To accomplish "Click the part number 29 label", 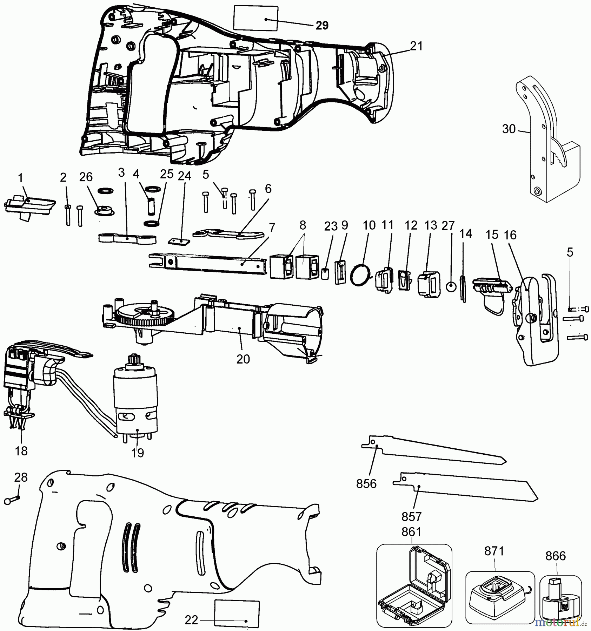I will coord(322,25).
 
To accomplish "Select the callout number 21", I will coord(416,46).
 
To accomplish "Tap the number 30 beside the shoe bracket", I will coord(509,129).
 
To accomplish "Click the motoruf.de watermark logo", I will coord(561,623).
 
